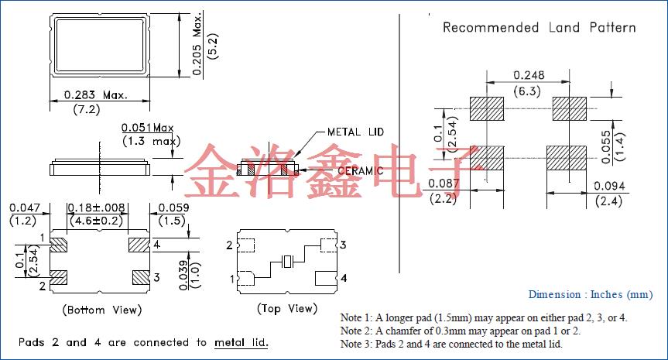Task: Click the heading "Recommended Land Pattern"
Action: pos(539,28)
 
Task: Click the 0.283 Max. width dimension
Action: pos(95,95)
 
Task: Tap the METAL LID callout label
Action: pos(355,132)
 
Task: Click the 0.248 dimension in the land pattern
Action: pos(529,75)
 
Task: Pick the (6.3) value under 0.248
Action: pos(529,91)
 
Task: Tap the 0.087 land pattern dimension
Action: pos(444,183)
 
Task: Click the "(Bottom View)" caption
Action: pos(101,310)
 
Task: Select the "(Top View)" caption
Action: pos(286,309)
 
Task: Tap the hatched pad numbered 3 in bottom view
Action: pos(139,276)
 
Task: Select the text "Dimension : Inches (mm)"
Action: pos(591,294)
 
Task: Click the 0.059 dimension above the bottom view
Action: pos(173,207)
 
